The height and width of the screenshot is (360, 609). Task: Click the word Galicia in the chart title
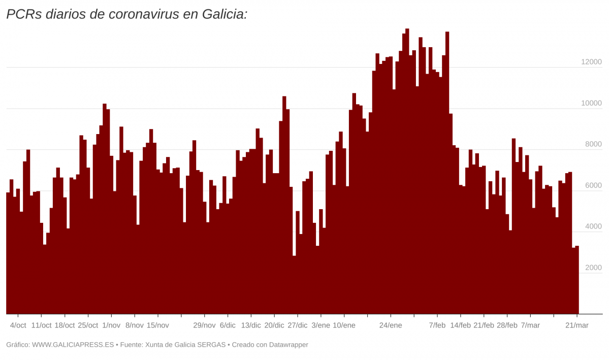[x=224, y=14]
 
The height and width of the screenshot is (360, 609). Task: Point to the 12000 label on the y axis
[x=591, y=62]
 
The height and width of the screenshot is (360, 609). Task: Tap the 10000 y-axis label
[x=591, y=103]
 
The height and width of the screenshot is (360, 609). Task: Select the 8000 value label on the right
[x=593, y=144]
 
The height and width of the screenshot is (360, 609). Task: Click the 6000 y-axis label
[x=593, y=185]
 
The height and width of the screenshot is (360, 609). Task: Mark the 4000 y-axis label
[x=593, y=226]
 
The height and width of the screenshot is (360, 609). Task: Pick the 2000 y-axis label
[x=593, y=268]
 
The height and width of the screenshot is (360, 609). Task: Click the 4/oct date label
[x=18, y=325]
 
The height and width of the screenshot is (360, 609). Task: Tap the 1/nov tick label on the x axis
[x=111, y=325]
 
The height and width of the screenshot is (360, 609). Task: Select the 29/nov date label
[x=204, y=325]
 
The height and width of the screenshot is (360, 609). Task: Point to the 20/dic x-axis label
[x=274, y=325]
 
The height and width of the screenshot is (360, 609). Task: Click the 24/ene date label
[x=391, y=325]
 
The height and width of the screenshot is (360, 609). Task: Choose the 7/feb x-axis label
[x=437, y=325]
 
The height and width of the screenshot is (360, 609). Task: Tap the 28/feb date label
[x=507, y=325]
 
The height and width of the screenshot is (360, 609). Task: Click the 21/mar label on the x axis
[x=577, y=325]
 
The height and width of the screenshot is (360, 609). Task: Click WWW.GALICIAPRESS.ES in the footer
[x=73, y=345]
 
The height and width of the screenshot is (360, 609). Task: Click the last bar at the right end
[x=577, y=279]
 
